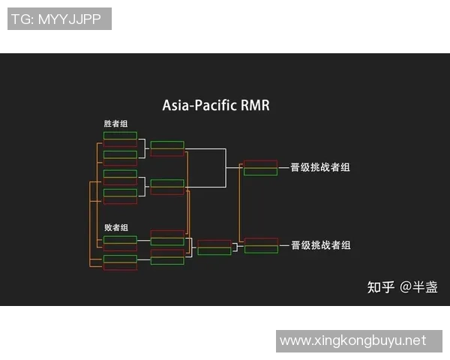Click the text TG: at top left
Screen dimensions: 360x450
pos(21,19)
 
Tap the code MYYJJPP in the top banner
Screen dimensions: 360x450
pos(68,19)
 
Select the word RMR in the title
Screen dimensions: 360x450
pos(255,106)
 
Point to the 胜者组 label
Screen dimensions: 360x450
pos(115,123)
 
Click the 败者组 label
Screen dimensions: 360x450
pos(115,227)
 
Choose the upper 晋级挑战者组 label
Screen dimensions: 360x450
pos(320,167)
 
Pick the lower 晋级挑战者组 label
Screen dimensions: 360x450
pos(320,245)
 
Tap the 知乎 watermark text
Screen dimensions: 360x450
pos(380,286)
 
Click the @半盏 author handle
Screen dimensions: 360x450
pos(418,286)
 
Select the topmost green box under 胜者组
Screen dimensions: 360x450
pos(120,136)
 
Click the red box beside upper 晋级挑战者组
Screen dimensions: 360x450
pos(260,163)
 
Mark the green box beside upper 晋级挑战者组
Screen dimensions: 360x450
pos(260,172)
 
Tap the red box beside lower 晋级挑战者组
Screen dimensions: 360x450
pos(260,241)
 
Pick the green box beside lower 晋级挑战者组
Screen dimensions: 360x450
pos(260,250)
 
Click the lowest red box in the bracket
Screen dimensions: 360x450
pos(120,267)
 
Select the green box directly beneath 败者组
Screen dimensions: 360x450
pos(120,240)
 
